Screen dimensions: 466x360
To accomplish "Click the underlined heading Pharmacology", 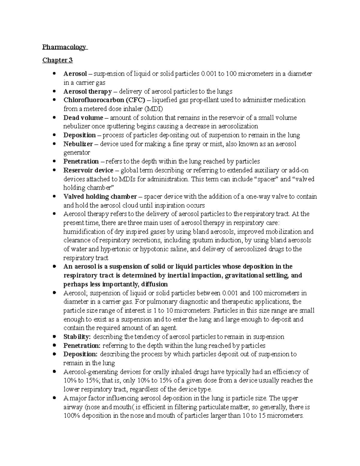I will click(x=64, y=47).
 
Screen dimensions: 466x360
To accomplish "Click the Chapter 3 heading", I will click(x=57, y=60).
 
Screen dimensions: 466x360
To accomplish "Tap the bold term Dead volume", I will click(x=83, y=118).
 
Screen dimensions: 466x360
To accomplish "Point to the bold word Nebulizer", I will click(x=78, y=144).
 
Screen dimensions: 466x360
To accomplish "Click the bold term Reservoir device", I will click(x=88, y=170).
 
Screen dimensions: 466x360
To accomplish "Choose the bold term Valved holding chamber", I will click(x=100, y=197).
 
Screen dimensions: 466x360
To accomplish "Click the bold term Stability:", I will click(x=77, y=337).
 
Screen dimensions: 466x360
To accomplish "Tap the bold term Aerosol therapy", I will click(x=87, y=91).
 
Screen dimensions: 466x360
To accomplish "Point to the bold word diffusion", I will click(x=150, y=284).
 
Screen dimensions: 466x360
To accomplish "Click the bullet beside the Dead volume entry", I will click(x=54, y=117).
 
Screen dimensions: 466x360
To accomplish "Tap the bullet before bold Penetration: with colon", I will click(x=54, y=345).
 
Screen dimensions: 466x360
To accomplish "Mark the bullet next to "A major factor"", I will click(x=54, y=398).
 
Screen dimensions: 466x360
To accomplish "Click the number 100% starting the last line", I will click(x=72, y=416).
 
